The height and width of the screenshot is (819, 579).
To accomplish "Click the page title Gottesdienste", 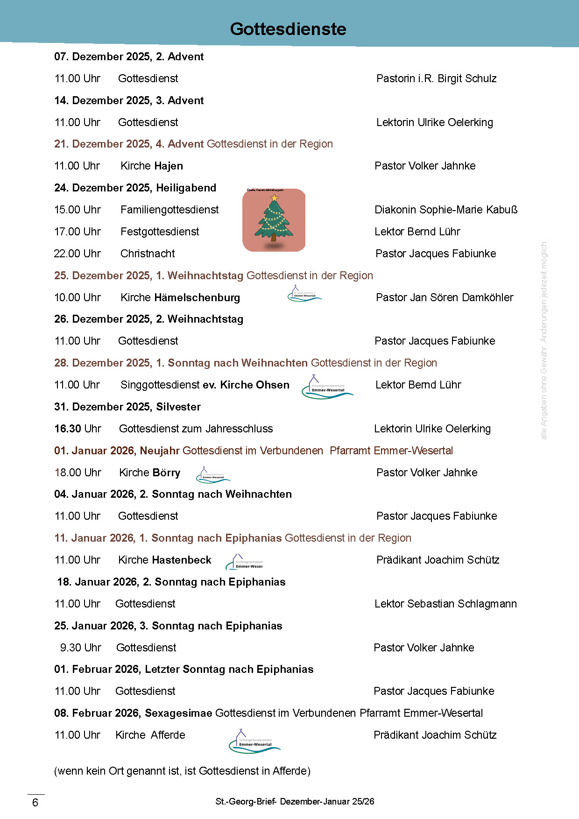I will tap(288, 29).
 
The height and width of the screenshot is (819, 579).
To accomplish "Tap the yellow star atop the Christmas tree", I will tap(275, 198).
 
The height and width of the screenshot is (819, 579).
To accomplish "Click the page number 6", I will tap(35, 803).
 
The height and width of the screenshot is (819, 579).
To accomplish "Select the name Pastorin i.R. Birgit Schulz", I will tap(436, 78).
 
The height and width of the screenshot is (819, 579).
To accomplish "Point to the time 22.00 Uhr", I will tap(78, 254).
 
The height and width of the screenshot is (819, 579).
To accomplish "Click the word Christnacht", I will tap(148, 254).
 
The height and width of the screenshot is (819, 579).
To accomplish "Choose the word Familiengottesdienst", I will tap(169, 210).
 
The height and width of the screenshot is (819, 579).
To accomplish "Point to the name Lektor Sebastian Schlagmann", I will tap(445, 604).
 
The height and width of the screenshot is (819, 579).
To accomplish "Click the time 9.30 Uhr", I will tap(80, 648).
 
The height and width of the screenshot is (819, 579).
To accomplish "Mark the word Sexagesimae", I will tap(178, 713).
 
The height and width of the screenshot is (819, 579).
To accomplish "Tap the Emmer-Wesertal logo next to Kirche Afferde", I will tap(254, 741).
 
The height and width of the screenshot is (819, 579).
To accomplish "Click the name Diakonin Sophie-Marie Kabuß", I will tap(446, 210).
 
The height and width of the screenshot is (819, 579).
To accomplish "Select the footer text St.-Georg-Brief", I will tap(246, 802).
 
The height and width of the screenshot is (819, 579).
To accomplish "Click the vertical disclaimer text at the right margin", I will tap(544, 340).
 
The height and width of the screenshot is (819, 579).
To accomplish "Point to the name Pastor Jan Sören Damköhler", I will tap(445, 297).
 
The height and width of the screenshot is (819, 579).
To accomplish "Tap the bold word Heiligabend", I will tap(186, 188).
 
